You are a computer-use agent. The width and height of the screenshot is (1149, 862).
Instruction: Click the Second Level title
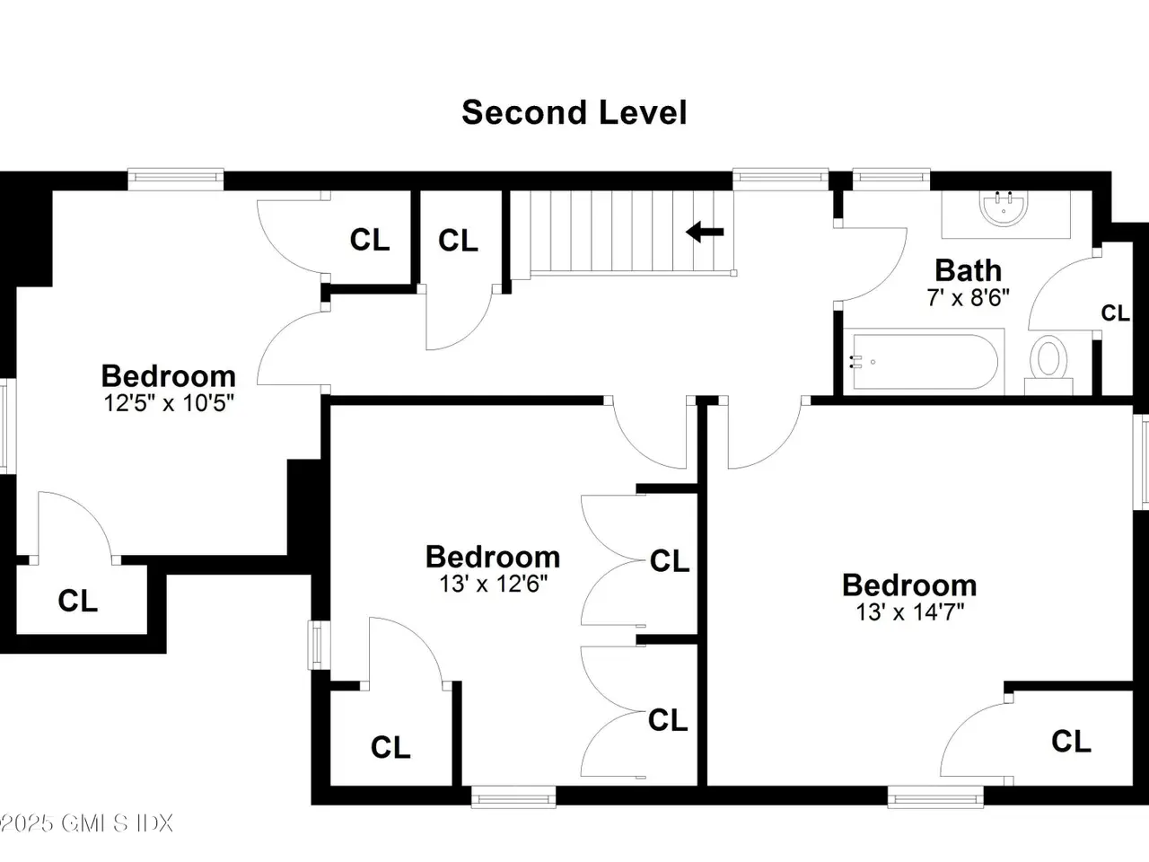point(574,112)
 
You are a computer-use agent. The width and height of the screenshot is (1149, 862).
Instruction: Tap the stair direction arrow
point(705,232)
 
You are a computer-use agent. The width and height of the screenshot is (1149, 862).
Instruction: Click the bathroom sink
point(1004,209)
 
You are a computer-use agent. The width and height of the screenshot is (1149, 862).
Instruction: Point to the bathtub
point(925,362)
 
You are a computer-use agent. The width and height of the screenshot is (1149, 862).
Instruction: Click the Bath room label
point(969,270)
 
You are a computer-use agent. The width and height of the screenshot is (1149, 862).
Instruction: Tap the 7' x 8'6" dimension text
point(968,298)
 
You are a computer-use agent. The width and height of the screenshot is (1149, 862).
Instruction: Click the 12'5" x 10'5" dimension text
point(169,403)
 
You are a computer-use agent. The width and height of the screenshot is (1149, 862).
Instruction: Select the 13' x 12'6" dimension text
point(493,584)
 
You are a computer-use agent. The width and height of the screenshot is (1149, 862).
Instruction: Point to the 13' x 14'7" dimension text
point(910,611)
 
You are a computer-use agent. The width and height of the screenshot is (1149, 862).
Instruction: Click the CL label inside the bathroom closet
point(1115,313)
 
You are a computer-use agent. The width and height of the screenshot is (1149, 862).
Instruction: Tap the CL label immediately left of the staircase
point(458,241)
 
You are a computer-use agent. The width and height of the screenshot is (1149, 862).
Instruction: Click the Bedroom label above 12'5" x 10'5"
point(169,376)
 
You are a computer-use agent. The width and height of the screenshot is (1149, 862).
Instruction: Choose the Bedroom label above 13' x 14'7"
point(910,585)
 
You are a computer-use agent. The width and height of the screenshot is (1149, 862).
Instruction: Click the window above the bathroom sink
point(891,179)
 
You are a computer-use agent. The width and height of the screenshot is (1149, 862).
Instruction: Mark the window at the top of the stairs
point(780,179)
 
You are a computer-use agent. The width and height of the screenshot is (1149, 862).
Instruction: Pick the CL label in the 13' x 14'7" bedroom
point(1072,742)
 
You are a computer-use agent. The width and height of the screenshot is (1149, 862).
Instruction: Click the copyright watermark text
point(86,823)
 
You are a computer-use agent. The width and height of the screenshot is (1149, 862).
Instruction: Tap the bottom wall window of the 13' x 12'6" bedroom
point(513,797)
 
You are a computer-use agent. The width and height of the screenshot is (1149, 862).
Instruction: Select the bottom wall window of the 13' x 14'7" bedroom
point(935,797)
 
